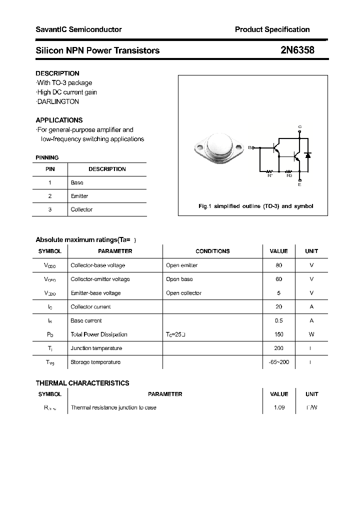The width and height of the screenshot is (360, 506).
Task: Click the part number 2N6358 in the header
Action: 297,50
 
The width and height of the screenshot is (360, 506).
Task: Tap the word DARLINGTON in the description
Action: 58,101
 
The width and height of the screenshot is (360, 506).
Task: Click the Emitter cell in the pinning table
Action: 79,196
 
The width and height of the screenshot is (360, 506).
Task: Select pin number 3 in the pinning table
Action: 50,209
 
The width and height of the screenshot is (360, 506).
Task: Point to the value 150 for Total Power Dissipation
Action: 278,334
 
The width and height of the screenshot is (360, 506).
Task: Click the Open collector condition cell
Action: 183,293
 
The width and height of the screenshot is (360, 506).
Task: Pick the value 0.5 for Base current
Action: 278,320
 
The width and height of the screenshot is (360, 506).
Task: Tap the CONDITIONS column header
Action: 212,251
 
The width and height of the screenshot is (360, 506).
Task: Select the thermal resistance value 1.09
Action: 279,407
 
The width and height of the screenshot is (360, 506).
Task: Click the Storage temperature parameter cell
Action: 95,362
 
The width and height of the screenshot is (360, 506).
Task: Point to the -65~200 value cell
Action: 278,362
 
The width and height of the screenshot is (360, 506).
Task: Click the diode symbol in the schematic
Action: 308,155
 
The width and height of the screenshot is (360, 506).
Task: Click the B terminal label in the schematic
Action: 249,147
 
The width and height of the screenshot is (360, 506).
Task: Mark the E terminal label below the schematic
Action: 299,185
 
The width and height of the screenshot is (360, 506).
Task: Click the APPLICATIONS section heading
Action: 59,120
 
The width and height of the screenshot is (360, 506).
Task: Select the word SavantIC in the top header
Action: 51,29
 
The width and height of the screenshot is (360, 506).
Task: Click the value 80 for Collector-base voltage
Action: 278,265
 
